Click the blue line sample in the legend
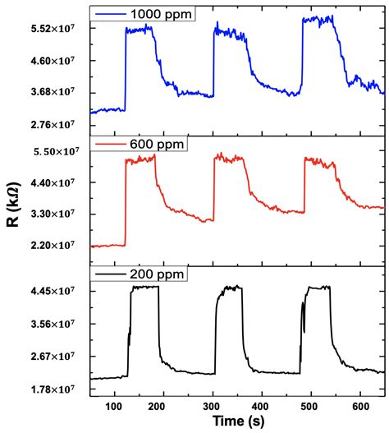pos(113,14)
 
